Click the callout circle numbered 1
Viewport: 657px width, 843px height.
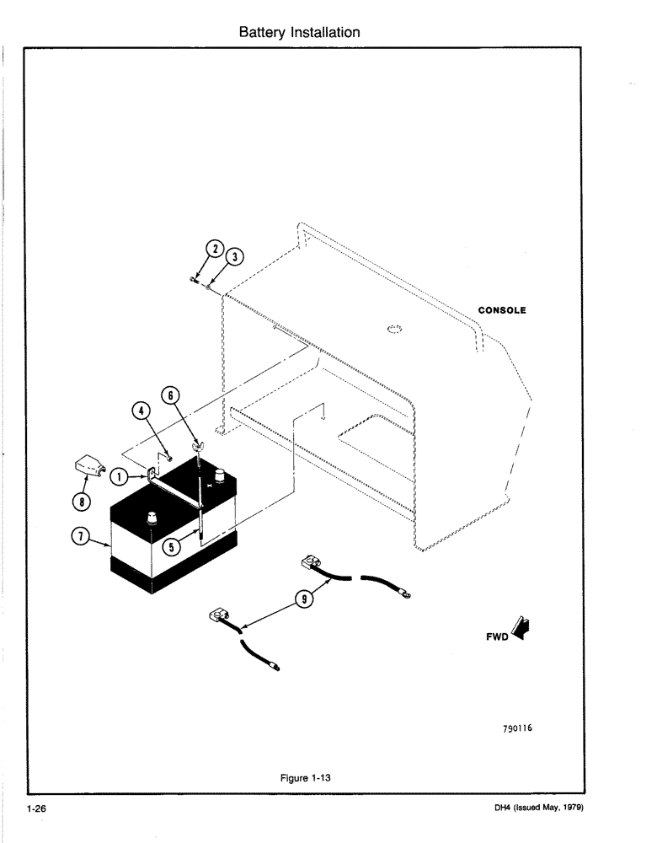[120, 476]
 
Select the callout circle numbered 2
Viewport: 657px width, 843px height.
[215, 250]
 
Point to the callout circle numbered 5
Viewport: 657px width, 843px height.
[172, 545]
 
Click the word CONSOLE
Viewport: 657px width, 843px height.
[502, 310]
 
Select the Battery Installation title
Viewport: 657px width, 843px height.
[300, 33]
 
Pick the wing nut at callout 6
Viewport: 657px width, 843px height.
[197, 443]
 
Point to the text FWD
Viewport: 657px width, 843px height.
[498, 637]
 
